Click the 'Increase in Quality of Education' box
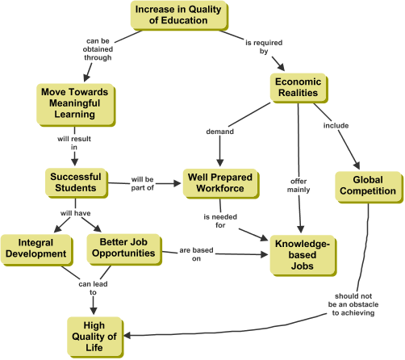(179, 15)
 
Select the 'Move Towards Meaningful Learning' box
(76, 105)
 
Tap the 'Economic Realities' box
(299, 88)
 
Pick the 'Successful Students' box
(77, 183)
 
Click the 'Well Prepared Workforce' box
(221, 184)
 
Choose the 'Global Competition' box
(369, 187)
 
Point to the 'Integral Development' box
(37, 250)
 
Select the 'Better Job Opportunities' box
(124, 249)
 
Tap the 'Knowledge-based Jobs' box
(303, 256)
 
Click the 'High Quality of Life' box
(95, 337)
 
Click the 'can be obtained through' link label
(98, 49)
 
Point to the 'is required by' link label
(264, 47)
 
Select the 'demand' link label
(219, 132)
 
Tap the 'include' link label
(336, 126)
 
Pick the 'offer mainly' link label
(299, 186)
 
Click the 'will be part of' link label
(142, 183)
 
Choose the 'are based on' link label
(196, 254)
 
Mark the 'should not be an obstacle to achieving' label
(353, 304)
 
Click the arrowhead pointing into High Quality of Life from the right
(127, 335)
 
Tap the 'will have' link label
(75, 213)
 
